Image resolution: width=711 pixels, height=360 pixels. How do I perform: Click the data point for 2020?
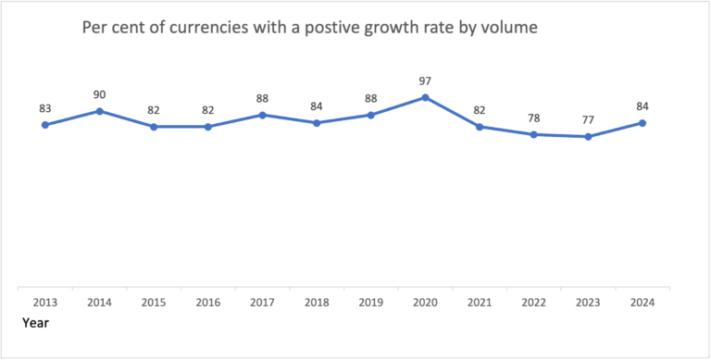[425, 97]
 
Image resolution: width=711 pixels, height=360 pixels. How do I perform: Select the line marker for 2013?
[44, 125]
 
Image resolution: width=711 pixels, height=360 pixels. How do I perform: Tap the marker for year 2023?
[588, 137]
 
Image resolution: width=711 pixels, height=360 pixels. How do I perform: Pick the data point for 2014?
[99, 111]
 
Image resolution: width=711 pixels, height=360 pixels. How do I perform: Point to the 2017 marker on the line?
[262, 115]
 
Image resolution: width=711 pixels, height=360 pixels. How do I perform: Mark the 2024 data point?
[642, 123]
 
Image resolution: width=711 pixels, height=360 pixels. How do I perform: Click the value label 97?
[425, 81]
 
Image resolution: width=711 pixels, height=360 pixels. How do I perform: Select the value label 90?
[99, 95]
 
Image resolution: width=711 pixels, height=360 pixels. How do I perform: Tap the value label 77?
[588, 120]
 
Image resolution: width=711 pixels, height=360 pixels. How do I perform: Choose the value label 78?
[533, 118]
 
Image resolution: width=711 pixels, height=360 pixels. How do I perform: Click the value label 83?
[44, 108]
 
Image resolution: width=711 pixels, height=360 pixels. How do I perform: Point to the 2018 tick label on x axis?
[317, 303]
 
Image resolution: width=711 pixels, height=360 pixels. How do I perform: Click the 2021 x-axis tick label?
[480, 303]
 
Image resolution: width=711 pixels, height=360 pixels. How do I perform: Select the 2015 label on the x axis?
[154, 303]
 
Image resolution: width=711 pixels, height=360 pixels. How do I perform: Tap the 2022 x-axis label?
[533, 303]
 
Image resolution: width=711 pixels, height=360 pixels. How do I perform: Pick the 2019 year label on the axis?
[371, 303]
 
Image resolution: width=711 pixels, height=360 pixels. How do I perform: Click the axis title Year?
[35, 323]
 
